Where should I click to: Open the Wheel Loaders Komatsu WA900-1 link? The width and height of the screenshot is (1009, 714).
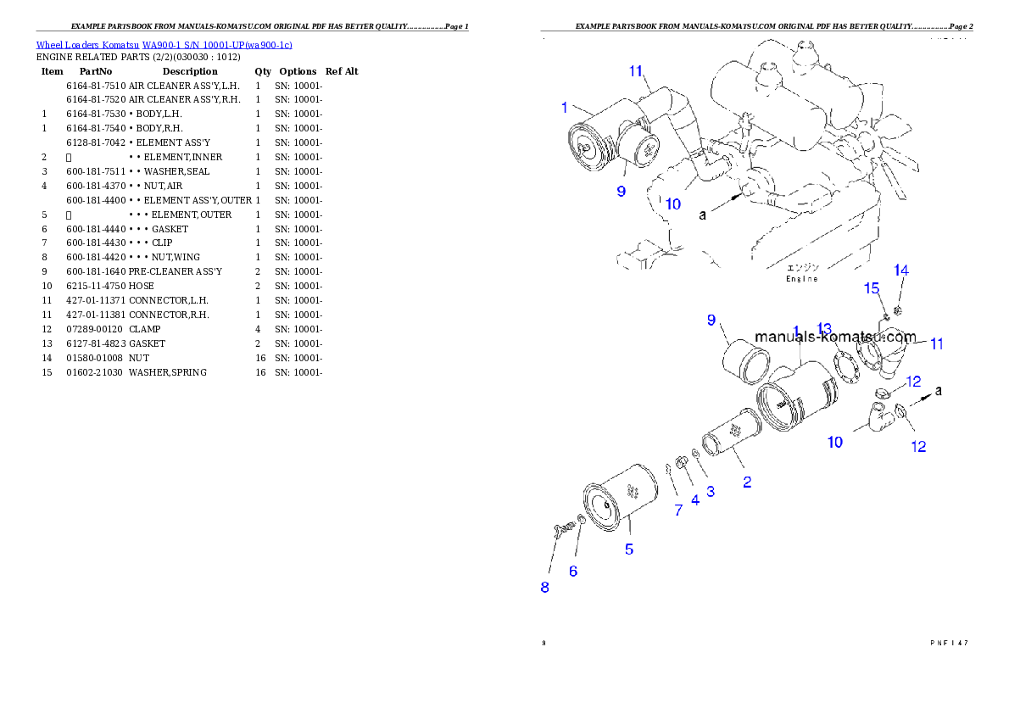[x=164, y=45]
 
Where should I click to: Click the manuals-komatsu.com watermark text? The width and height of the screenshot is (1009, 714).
[x=835, y=337]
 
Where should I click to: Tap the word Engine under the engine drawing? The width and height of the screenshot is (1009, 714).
[x=801, y=279]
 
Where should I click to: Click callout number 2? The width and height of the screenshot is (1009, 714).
[x=747, y=483]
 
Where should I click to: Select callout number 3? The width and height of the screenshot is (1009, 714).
[x=711, y=491]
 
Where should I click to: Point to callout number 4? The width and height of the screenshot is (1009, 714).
[x=695, y=500]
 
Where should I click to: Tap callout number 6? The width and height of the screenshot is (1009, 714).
[x=573, y=572]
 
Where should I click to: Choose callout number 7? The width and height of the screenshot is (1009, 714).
[x=678, y=510]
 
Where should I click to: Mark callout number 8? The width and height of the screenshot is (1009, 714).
[x=544, y=587]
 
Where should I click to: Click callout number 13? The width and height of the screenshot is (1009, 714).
[x=824, y=328]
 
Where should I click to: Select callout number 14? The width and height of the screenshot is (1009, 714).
[x=901, y=271]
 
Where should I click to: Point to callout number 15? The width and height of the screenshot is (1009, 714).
[x=872, y=289]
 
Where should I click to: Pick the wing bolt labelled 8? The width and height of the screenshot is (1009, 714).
[x=560, y=531]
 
